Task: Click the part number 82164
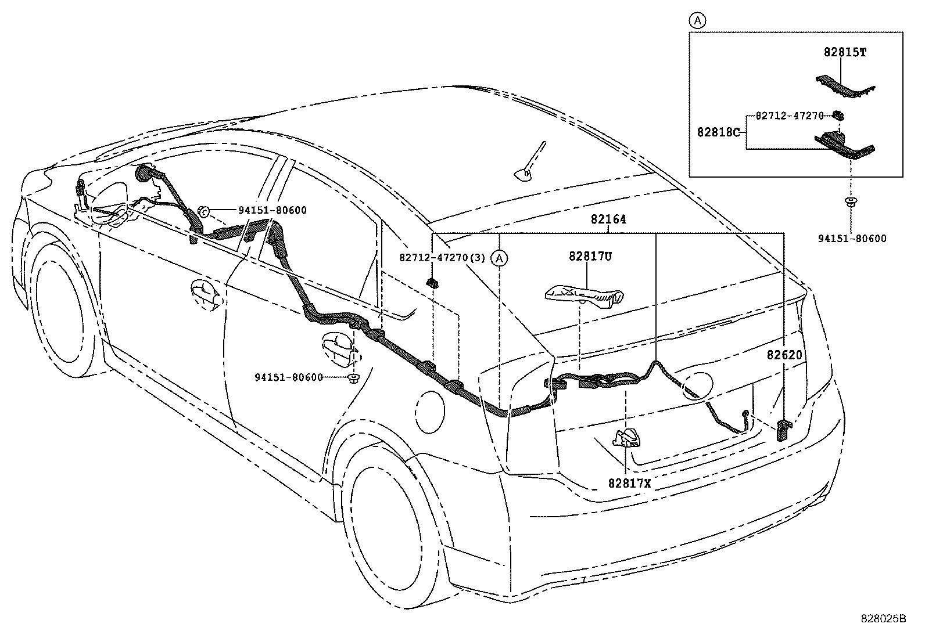click(x=608, y=220)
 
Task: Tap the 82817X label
click(x=630, y=483)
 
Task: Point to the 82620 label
click(x=784, y=355)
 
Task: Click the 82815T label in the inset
click(x=845, y=52)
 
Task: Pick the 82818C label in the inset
click(x=718, y=132)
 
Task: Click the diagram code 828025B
click(x=883, y=619)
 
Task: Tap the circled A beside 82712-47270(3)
click(x=498, y=258)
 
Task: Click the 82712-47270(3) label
click(x=442, y=257)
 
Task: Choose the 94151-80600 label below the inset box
click(x=852, y=238)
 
